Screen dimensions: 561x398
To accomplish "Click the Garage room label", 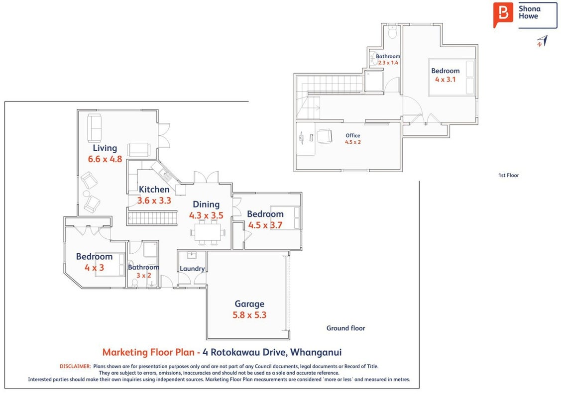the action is pyautogui.click(x=249, y=304).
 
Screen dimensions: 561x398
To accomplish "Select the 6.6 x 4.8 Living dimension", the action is pyautogui.click(x=105, y=159).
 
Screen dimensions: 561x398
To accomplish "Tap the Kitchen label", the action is pyautogui.click(x=154, y=190).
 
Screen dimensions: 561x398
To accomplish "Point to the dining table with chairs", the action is pyautogui.click(x=208, y=232).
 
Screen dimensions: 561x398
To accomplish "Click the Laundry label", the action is pyautogui.click(x=192, y=269).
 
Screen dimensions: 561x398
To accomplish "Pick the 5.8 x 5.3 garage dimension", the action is pyautogui.click(x=249, y=315).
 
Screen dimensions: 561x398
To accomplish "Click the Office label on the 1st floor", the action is pyautogui.click(x=353, y=135).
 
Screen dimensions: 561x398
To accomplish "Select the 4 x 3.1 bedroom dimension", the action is pyautogui.click(x=446, y=80).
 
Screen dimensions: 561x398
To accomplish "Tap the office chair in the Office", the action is pyautogui.click(x=325, y=136).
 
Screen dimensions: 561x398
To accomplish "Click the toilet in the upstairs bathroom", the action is pyautogui.click(x=392, y=32).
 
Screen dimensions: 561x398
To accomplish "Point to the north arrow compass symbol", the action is pyautogui.click(x=542, y=41).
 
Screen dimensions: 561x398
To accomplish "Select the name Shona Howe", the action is pyautogui.click(x=529, y=12).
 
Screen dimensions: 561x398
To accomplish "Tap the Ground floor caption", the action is pyautogui.click(x=345, y=328).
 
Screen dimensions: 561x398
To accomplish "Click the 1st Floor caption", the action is pyautogui.click(x=508, y=175).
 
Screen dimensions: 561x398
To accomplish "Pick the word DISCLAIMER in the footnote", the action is pyautogui.click(x=75, y=366).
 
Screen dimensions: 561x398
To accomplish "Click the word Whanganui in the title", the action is pyautogui.click(x=316, y=352).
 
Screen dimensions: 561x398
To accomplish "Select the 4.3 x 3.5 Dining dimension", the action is pyautogui.click(x=206, y=215).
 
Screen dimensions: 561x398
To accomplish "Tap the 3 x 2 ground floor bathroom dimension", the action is pyautogui.click(x=143, y=275).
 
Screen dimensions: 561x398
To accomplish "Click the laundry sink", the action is pyautogui.click(x=192, y=255).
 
